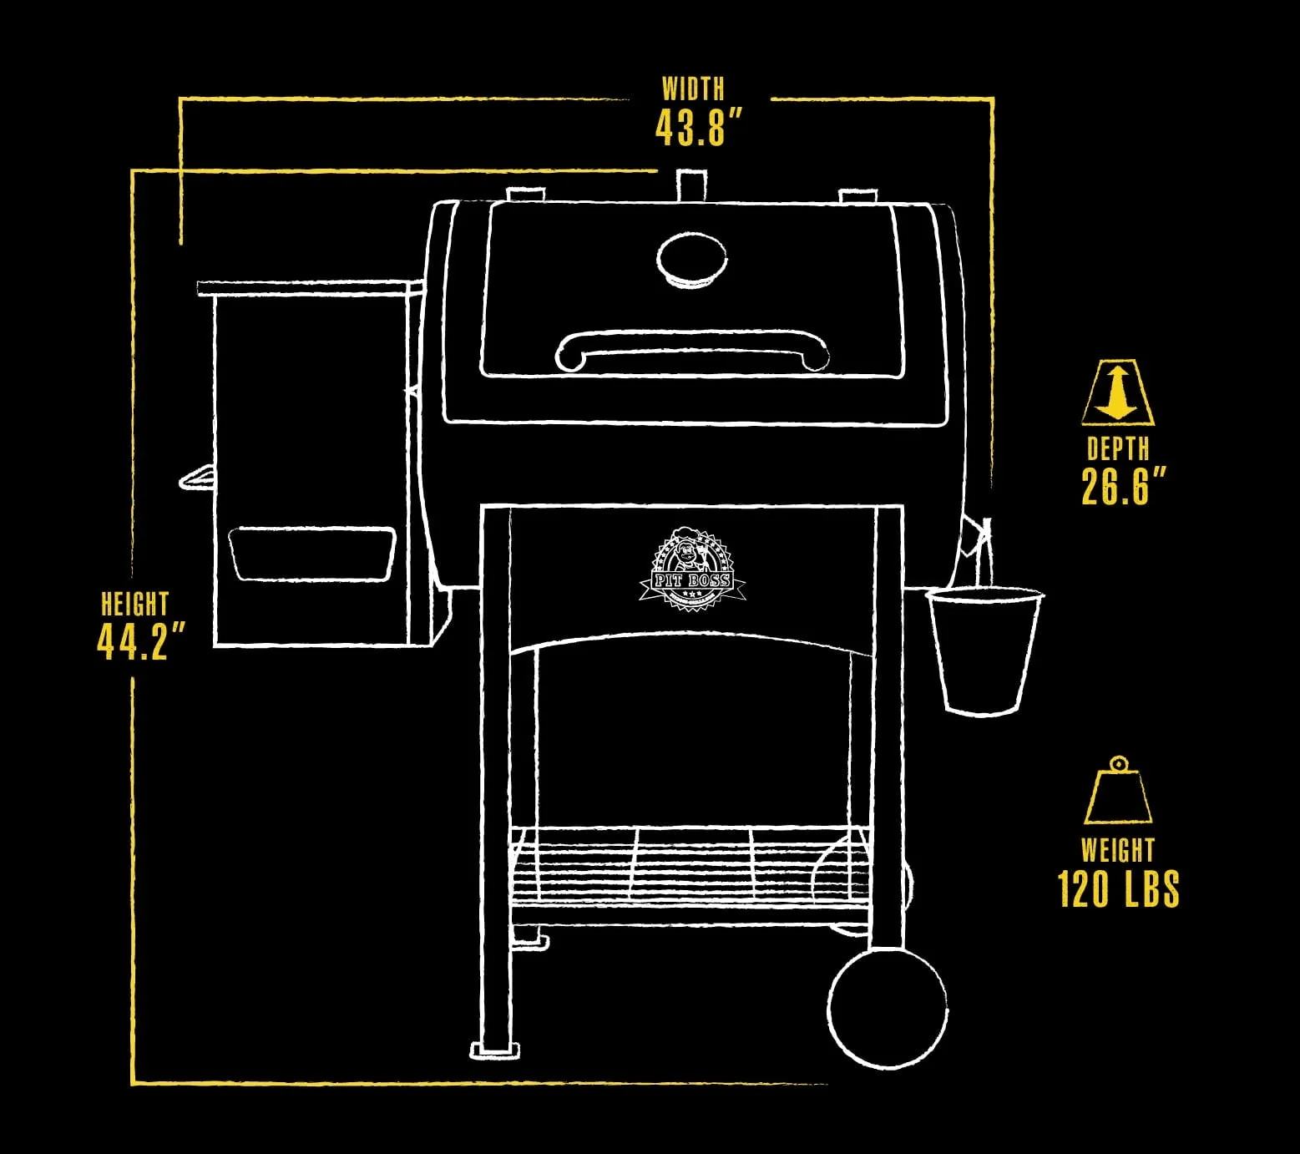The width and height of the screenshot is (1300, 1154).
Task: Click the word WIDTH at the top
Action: pos(693,89)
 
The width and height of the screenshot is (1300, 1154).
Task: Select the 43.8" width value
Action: pos(698,129)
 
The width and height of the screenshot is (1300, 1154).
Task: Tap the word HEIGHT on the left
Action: pos(134,604)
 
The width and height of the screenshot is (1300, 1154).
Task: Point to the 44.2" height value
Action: pos(140,641)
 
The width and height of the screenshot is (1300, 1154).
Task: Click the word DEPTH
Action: pos(1118,449)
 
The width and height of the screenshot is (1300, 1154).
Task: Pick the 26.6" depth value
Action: pos(1122,486)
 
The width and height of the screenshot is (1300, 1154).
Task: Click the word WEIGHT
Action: pos(1117,851)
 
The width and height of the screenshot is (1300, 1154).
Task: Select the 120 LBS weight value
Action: pos(1118,889)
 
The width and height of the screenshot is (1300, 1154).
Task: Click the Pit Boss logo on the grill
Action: pos(691,568)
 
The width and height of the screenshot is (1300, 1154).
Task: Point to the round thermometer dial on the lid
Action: pos(691,260)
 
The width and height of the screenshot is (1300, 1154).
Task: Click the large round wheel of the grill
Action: pos(888,1008)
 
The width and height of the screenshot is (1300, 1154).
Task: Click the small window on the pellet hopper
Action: pos(311,553)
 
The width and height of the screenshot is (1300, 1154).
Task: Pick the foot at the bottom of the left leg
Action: pos(495,1050)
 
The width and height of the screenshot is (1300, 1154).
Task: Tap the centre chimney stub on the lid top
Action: pos(690,185)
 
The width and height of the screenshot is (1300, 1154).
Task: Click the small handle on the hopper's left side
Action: pos(197,478)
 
